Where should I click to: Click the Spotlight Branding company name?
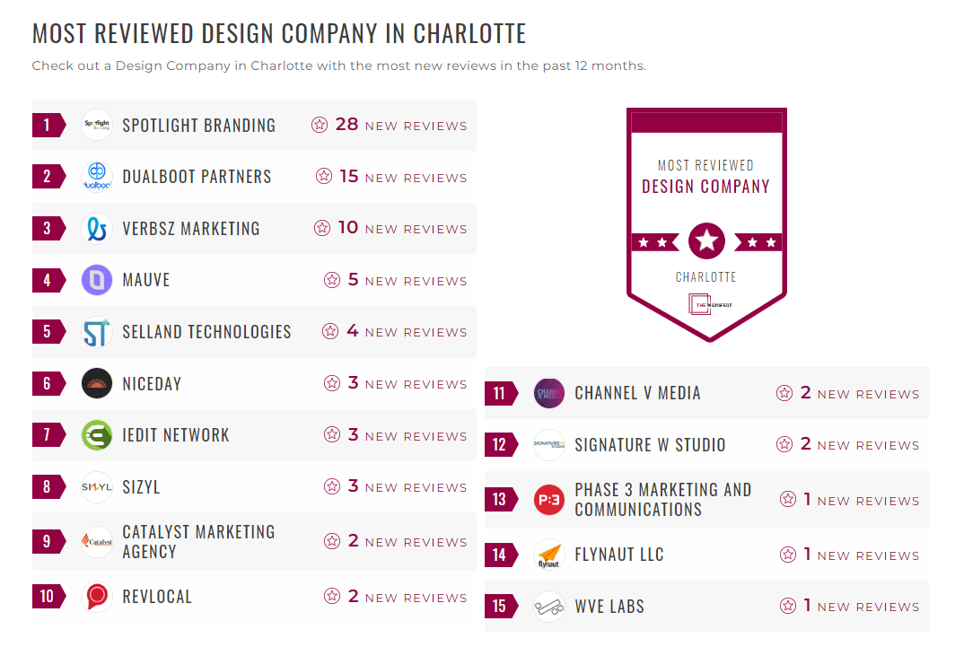198,126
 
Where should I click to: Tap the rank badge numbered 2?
47,176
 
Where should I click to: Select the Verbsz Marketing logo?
96,228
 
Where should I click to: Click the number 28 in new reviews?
346,125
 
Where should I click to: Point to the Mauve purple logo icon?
96,280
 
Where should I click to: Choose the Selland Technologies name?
206,332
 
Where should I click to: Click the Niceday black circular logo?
96,384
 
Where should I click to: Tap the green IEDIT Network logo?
96,435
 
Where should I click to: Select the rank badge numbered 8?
47,487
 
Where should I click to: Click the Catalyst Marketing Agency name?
198,541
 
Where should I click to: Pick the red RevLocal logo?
96,597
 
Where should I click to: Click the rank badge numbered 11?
499,393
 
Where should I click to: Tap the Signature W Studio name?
650,445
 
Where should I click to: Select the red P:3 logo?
548,500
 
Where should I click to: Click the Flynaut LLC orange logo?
548,555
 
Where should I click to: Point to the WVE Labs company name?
609,607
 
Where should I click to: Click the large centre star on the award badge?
706,240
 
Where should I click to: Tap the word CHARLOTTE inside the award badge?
706,277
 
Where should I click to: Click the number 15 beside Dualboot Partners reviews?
349,177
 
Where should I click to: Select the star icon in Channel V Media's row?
784,393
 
